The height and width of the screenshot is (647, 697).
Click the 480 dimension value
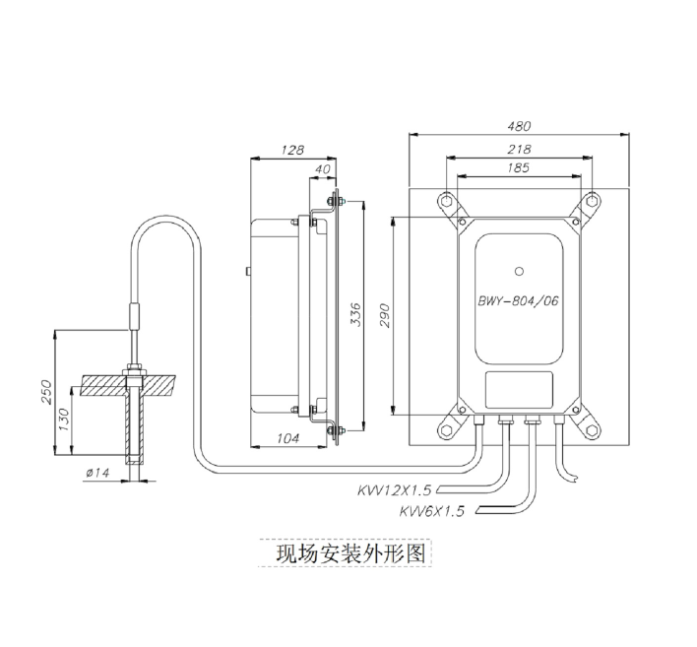pos(519,126)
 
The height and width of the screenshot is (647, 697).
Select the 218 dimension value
pos(519,149)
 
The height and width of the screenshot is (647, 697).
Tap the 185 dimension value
pos(519,168)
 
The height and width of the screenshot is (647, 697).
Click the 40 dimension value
pos(322,169)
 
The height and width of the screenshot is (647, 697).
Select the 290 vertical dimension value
pos(386,314)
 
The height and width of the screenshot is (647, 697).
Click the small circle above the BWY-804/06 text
pos(520,268)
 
